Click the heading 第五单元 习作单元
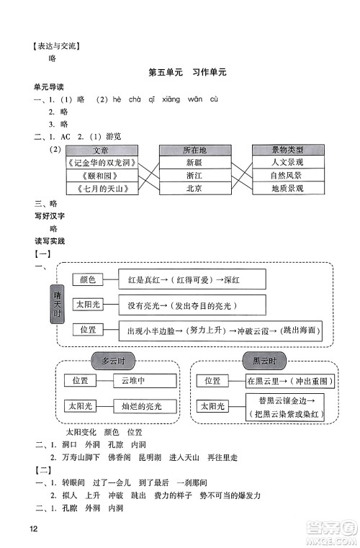pyautogui.click(x=186, y=73)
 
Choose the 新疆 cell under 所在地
pyautogui.click(x=194, y=163)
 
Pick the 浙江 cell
pyautogui.click(x=194, y=176)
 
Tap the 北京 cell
pyautogui.click(x=194, y=189)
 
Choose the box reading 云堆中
pyautogui.click(x=145, y=381)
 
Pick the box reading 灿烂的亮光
pyautogui.click(x=145, y=407)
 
